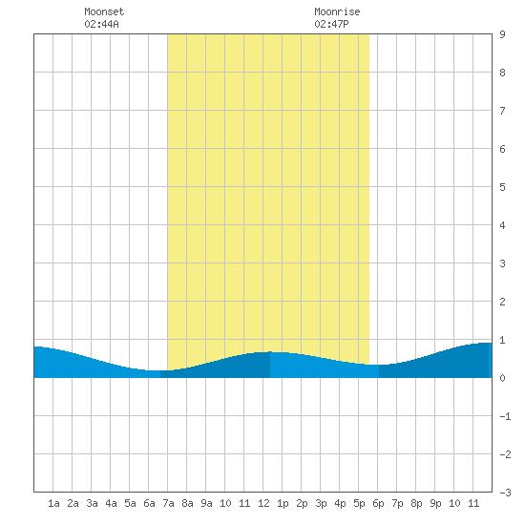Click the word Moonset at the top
[x=104, y=11]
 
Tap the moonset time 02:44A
[x=101, y=24]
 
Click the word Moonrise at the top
[x=337, y=11]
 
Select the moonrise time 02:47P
[x=331, y=24]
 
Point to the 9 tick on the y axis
[x=502, y=34]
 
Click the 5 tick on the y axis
[x=502, y=187]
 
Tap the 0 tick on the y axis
[x=502, y=378]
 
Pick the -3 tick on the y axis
[x=505, y=493]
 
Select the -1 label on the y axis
[x=505, y=416]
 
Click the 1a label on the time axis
[x=53, y=503]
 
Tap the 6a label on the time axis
[x=149, y=503]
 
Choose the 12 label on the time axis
[x=263, y=503]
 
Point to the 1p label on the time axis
[x=283, y=503]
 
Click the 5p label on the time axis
[x=359, y=503]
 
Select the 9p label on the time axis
[x=435, y=503]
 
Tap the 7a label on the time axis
[x=168, y=503]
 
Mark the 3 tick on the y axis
[x=502, y=263]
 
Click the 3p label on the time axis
[x=321, y=503]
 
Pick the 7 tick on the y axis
[x=502, y=111]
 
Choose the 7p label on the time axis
[x=397, y=503]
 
